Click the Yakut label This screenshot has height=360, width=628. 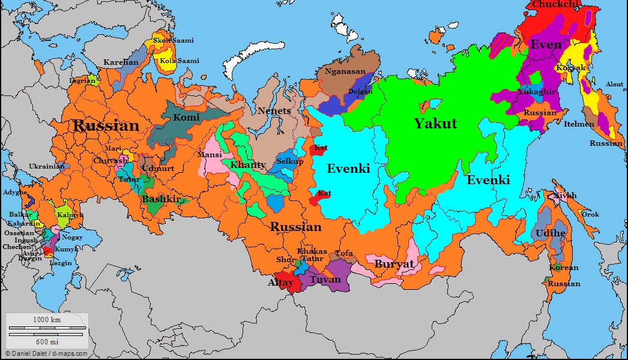(x=435, y=124)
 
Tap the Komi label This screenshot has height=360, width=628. (x=186, y=118)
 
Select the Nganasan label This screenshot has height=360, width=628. (x=345, y=71)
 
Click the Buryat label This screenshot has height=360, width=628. (x=394, y=264)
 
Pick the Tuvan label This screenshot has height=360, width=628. (x=325, y=279)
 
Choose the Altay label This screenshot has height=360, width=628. (x=281, y=281)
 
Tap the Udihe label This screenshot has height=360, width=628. (x=547, y=232)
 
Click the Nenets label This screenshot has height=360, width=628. (x=274, y=111)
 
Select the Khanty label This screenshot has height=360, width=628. (x=248, y=165)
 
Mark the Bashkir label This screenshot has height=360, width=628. (x=161, y=199)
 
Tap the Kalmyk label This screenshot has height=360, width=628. (x=71, y=215)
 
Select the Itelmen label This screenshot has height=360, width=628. (x=579, y=124)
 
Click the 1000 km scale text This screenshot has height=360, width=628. (x=46, y=320)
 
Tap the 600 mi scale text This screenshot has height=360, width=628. (x=46, y=341)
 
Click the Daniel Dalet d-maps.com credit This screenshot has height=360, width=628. (x=46, y=353)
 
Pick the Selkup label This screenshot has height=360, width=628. (x=290, y=162)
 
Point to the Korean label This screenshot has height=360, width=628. (x=564, y=268)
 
